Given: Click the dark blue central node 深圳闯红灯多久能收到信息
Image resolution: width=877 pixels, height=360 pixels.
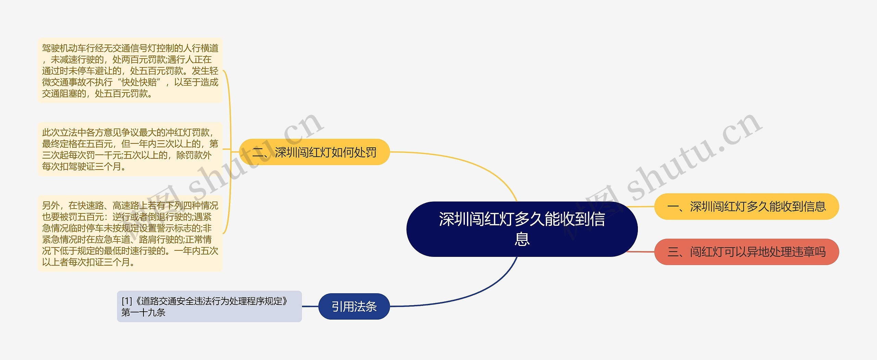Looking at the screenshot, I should [521, 229].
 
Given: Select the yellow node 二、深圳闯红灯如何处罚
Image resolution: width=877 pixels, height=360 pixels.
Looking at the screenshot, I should [314, 152].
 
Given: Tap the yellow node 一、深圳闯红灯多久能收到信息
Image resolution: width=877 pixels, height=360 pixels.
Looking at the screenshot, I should [746, 207].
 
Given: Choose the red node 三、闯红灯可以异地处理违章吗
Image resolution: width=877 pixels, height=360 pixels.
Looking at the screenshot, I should [746, 252].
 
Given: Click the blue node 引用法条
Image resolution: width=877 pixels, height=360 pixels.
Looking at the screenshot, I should [354, 306].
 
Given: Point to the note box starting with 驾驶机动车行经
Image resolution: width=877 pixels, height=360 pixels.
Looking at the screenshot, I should [130, 71].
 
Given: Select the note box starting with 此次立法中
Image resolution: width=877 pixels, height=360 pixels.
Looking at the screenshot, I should [130, 149].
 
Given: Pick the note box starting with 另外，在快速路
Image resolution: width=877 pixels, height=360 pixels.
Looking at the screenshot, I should [130, 234].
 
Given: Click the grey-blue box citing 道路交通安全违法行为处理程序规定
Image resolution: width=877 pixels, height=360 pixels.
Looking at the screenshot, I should [209, 306].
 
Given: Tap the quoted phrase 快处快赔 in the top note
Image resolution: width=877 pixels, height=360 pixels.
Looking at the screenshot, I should [139, 82].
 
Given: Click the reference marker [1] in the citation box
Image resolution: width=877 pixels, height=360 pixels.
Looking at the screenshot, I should [127, 301].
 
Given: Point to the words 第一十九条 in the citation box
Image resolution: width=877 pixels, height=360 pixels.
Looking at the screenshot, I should [144, 312].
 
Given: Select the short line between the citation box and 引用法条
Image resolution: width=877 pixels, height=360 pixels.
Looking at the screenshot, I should [310, 306].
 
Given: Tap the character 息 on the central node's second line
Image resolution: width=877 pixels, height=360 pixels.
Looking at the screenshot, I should [522, 239].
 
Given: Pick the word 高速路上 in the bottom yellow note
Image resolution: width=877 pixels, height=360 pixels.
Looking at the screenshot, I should [130, 206].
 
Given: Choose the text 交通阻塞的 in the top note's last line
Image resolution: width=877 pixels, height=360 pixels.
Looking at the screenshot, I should [64, 94].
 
